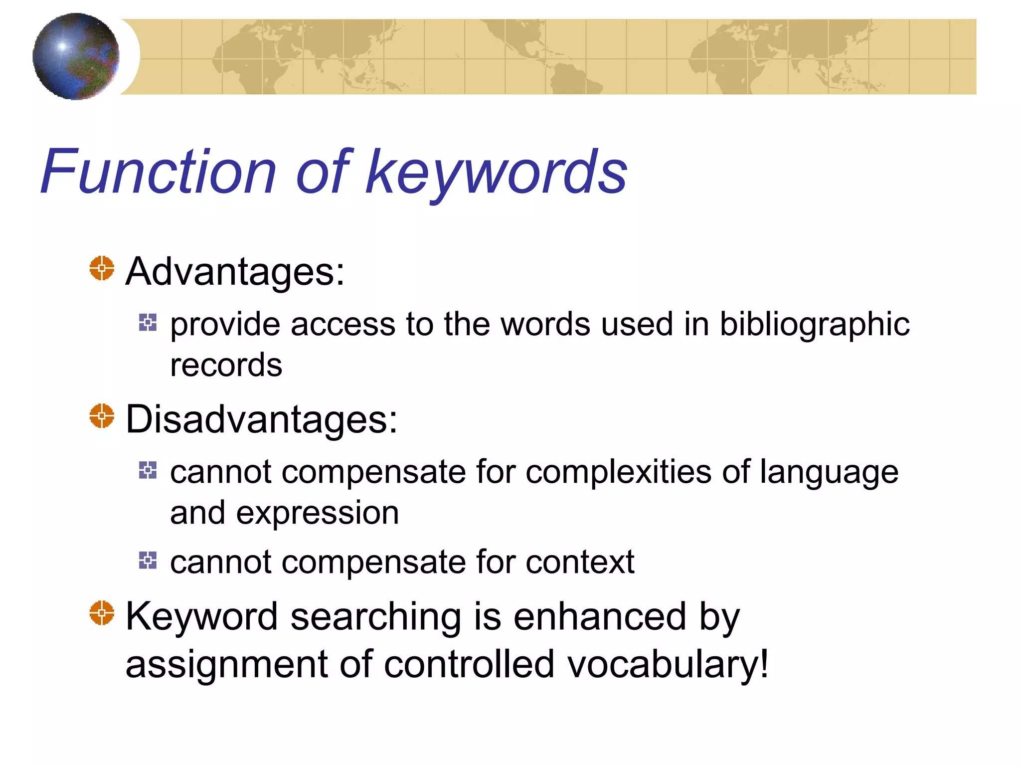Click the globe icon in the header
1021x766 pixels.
point(76,56)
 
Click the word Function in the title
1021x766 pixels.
point(159,172)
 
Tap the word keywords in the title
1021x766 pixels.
point(497,173)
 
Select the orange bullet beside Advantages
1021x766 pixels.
point(102,268)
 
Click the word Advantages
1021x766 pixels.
point(234,272)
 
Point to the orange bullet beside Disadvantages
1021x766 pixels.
point(102,416)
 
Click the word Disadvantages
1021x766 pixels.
point(261,419)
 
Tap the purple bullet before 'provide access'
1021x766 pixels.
point(148,322)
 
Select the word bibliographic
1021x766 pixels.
point(815,325)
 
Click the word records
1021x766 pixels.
point(226,365)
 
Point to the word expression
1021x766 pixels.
point(318,514)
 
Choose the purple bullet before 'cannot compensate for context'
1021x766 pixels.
point(148,560)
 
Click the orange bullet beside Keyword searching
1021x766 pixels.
point(102,613)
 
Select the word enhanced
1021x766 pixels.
point(600,616)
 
